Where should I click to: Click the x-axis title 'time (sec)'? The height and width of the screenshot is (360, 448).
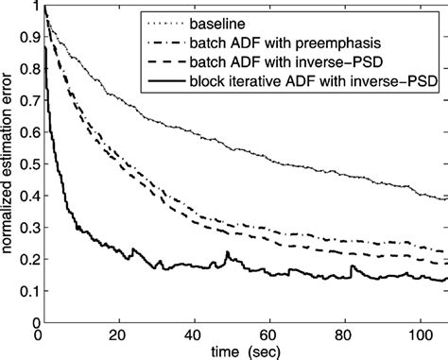tap(242, 349)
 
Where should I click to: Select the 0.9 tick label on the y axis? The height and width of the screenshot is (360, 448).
tap(24, 39)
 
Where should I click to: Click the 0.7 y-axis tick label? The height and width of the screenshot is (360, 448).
tap(24, 101)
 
